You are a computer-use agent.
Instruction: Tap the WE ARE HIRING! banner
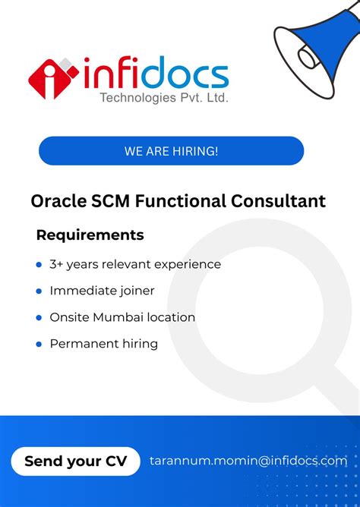click(x=171, y=151)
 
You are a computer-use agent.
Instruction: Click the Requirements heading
click(x=90, y=235)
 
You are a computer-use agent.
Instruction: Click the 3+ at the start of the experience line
click(x=56, y=264)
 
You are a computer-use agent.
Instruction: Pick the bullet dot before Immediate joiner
click(x=39, y=291)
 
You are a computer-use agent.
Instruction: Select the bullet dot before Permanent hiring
click(x=39, y=345)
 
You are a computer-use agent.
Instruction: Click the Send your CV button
click(x=75, y=461)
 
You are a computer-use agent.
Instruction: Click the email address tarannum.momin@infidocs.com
click(x=248, y=461)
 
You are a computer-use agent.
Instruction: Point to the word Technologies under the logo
click(x=139, y=97)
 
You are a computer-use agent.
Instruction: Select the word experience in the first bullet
click(x=188, y=264)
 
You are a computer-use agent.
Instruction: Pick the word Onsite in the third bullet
click(x=69, y=317)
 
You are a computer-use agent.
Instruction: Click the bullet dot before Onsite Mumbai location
click(x=39, y=318)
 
